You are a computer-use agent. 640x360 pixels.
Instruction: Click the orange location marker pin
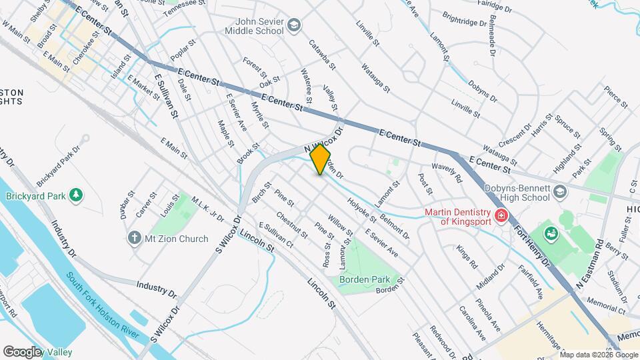point(320,159)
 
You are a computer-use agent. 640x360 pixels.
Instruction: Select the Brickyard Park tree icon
point(77,195)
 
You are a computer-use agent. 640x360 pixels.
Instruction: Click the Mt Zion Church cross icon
point(134,238)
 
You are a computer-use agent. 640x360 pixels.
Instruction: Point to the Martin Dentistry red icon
point(500,217)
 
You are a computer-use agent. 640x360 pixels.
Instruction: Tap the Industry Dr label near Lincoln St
point(157,289)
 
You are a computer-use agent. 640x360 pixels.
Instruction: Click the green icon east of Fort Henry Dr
point(552,233)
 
